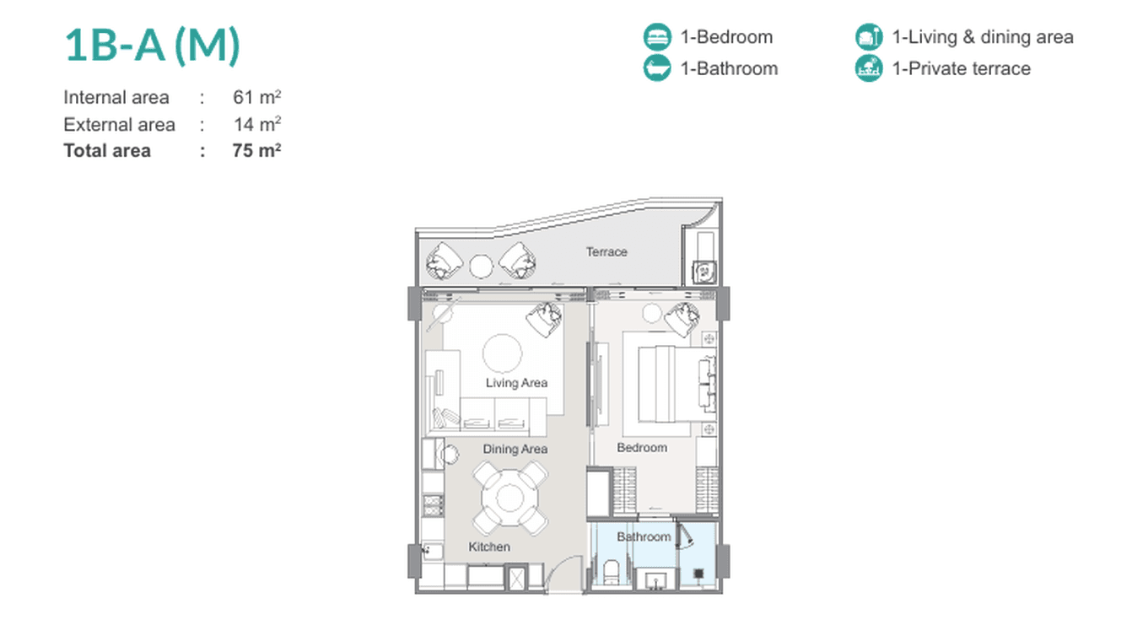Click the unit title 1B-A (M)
click(152, 46)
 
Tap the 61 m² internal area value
click(256, 97)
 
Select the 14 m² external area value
click(257, 124)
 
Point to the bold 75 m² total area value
click(256, 150)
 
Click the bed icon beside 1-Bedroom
click(657, 37)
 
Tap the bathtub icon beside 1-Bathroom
click(657, 68)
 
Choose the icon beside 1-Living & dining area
click(869, 37)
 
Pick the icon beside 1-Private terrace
click(869, 68)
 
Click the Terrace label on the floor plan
click(606, 251)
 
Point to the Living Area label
click(516, 383)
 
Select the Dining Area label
click(515, 449)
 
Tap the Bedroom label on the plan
click(642, 448)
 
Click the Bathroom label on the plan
click(644, 536)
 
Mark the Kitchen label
click(489, 547)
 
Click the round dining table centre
click(509, 499)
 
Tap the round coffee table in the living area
click(502, 353)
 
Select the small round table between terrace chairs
click(481, 267)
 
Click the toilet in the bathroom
click(611, 572)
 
